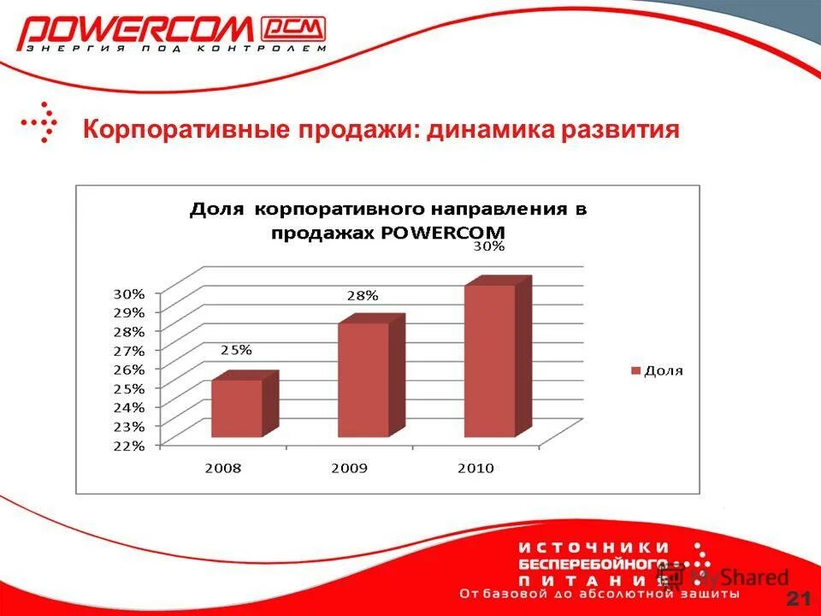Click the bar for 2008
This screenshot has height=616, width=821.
click(237, 408)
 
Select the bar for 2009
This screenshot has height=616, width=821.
click(363, 380)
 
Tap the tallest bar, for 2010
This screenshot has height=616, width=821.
click(490, 360)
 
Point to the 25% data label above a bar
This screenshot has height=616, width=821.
click(236, 350)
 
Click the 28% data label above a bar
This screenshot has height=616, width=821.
click(363, 296)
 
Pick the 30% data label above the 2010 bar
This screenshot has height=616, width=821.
click(489, 246)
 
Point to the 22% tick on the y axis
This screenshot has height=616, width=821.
click(129, 445)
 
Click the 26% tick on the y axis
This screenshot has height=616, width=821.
click(129, 369)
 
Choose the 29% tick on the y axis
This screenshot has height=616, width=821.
click(129, 311)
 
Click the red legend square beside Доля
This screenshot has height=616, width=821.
click(635, 371)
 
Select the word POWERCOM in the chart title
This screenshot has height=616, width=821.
click(451, 233)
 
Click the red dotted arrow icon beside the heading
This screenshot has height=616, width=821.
click(41, 121)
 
